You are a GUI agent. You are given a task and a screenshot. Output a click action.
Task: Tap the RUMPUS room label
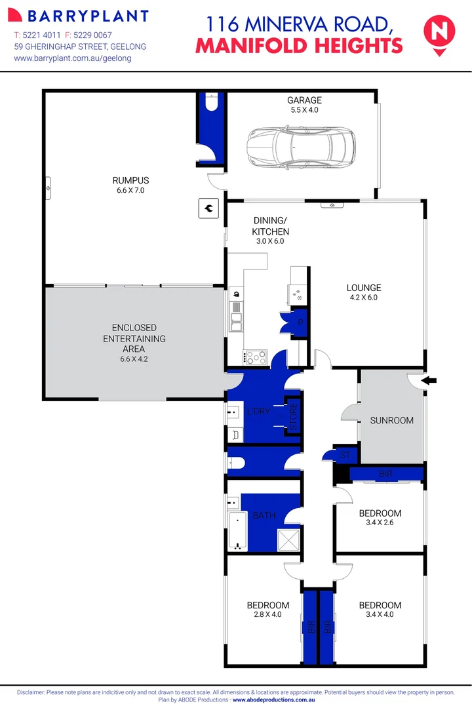[x=130, y=180]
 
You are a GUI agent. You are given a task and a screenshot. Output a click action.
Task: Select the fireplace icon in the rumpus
[x=208, y=208]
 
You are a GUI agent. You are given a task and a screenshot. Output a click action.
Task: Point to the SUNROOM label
[x=391, y=420]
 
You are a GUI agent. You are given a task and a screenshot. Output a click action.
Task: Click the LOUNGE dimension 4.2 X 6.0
[x=364, y=298]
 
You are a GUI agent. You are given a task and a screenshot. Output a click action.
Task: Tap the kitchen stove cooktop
[x=255, y=357]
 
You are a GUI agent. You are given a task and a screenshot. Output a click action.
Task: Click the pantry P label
[x=301, y=323]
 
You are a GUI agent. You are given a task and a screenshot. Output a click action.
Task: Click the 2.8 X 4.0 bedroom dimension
[x=267, y=615]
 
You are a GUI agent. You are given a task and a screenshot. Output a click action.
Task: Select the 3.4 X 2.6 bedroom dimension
[x=380, y=523]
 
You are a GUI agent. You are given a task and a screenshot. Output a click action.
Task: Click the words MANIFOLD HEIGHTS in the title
[x=299, y=46]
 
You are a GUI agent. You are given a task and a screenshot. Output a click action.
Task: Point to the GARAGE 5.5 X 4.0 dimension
[x=304, y=110]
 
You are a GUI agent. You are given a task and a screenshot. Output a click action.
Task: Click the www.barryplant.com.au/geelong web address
[x=72, y=58]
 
